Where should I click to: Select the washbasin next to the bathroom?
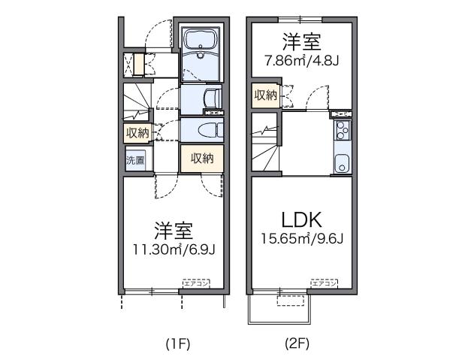tap(210, 98)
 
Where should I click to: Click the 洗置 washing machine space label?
tap(135, 160)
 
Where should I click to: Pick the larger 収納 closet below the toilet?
tap(202, 159)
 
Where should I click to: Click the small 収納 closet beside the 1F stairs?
tap(137, 133)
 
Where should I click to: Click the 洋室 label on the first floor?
tap(174, 228)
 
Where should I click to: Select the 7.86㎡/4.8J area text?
tap(301, 60)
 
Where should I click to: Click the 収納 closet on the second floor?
tap(265, 95)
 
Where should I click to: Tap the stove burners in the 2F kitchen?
tap(342, 131)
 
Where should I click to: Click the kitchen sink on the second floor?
tap(342, 162)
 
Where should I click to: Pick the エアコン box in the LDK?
tap(324, 283)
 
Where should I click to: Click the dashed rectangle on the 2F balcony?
tap(293, 301)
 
